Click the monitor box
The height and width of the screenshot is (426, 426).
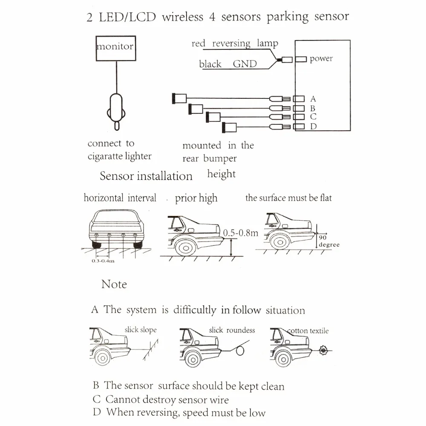click(115, 46)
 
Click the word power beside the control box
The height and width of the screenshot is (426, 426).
click(321, 59)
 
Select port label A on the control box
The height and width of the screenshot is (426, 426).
click(313, 99)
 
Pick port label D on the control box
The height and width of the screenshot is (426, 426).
click(313, 126)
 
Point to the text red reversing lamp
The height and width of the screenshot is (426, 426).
click(235, 43)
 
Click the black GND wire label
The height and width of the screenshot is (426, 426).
click(228, 64)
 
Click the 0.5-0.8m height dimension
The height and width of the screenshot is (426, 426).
click(241, 233)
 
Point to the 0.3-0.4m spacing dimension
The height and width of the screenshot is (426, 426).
click(103, 261)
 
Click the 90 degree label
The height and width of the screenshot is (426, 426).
click(328, 242)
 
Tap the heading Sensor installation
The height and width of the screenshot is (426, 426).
click(146, 176)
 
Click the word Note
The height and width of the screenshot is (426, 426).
click(114, 284)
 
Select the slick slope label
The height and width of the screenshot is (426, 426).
click(141, 330)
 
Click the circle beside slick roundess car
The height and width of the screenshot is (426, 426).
click(241, 350)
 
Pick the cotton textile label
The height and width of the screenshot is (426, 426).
click(308, 331)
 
